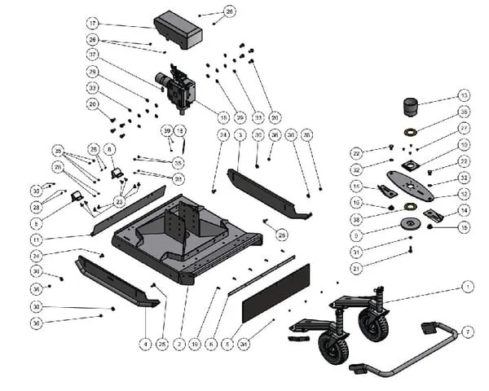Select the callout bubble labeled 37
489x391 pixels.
(x=93, y=55)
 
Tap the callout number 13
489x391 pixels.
(x=464, y=95)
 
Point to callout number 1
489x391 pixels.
(x=467, y=287)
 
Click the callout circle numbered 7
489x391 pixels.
(x=467, y=332)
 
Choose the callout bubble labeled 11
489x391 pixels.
(x=37, y=239)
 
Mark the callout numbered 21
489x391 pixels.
(x=356, y=268)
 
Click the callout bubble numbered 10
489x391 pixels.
(x=464, y=145)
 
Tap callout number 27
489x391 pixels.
(x=464, y=128)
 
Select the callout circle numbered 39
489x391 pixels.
(x=166, y=130)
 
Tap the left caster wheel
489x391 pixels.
(x=335, y=350)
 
